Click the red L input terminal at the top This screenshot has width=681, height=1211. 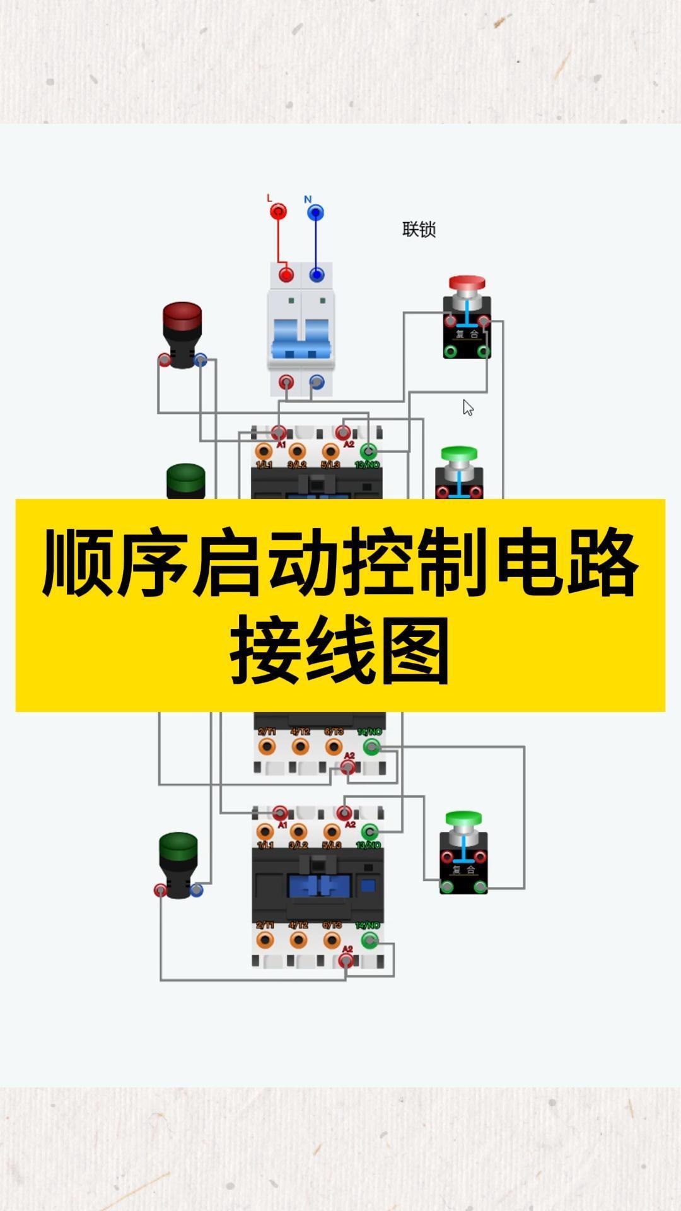[x=278, y=211]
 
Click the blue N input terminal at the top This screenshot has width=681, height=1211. [x=316, y=213]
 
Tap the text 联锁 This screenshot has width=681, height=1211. [x=419, y=229]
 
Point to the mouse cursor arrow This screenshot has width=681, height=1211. [x=467, y=407]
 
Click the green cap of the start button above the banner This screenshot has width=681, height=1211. [x=459, y=453]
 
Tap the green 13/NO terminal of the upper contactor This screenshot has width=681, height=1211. [x=368, y=452]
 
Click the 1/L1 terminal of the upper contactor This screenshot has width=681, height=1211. [x=264, y=452]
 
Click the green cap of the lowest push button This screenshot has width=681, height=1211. [x=463, y=818]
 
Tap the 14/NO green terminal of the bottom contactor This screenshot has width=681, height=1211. [x=370, y=940]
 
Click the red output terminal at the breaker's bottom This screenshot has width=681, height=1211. [x=286, y=382]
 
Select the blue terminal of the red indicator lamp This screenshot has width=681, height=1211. [x=201, y=360]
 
